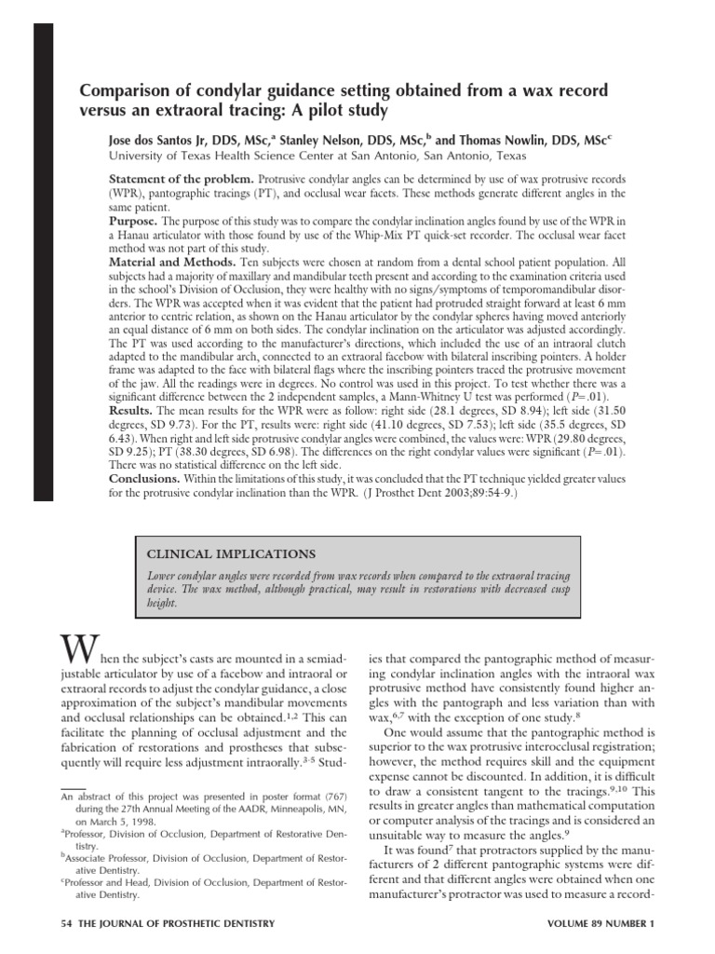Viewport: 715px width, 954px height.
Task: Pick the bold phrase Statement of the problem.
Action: (x=181, y=177)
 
